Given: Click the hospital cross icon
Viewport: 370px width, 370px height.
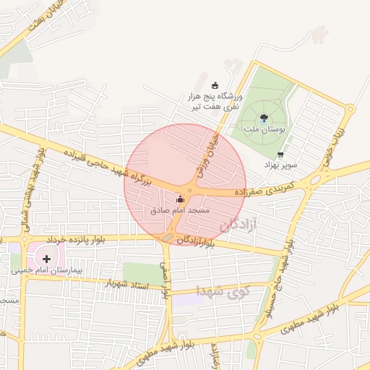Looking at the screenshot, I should [x=47, y=258].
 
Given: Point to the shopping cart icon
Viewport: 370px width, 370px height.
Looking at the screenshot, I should [x=280, y=154].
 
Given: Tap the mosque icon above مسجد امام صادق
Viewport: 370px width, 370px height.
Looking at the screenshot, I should [x=180, y=199].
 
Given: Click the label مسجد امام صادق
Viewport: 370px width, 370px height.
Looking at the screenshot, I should [x=180, y=210].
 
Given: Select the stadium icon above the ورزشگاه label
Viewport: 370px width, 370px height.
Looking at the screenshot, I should [x=214, y=85].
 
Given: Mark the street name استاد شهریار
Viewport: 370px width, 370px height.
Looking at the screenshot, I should [x=129, y=281].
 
